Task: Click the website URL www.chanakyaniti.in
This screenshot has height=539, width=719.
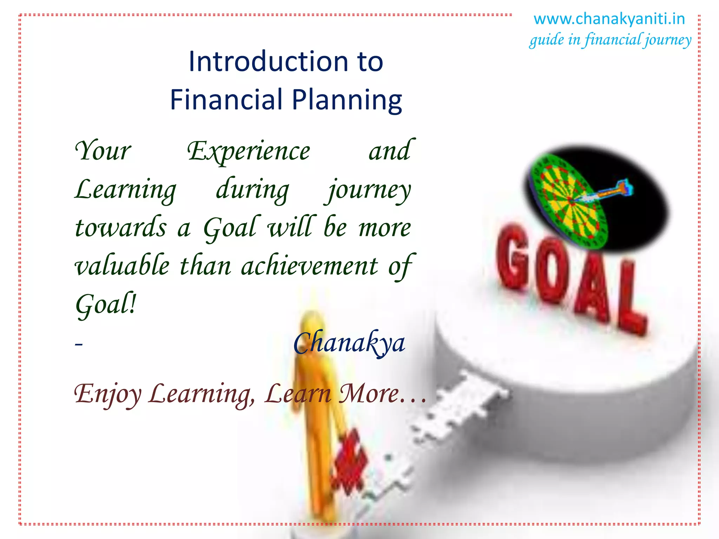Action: [x=609, y=19]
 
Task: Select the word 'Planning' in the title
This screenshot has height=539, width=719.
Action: [x=347, y=100]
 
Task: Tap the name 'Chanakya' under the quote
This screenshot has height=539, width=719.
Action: [x=349, y=343]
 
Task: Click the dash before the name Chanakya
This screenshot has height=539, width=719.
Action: [x=79, y=344]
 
